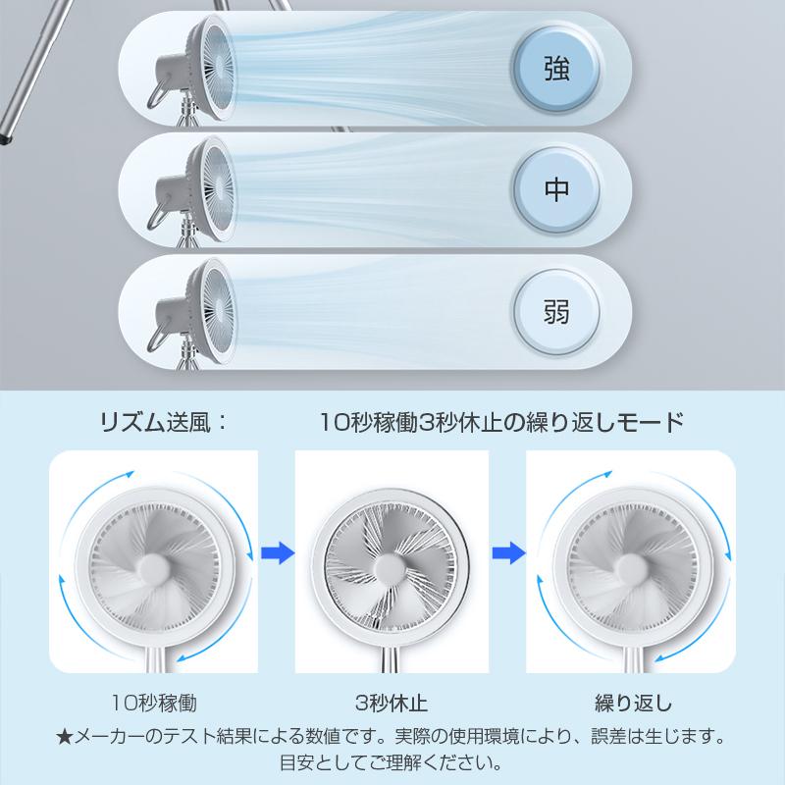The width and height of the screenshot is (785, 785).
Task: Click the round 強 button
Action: [555, 68]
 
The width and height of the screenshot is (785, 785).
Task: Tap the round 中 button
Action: [555, 189]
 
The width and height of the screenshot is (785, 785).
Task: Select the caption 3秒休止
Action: [392, 703]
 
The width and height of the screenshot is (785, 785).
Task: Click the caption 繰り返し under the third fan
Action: [633, 703]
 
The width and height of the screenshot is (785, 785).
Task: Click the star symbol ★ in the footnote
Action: [64, 734]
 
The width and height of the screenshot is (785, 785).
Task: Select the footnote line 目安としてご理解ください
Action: [392, 760]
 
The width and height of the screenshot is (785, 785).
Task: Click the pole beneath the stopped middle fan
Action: [392, 657]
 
